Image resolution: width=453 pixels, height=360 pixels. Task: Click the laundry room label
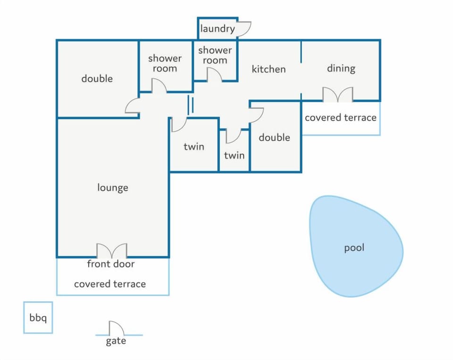(217, 29)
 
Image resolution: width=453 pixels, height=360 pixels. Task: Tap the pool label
(354, 248)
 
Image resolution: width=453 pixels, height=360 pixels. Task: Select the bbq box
(38, 318)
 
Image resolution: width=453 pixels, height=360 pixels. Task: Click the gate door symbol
(117, 328)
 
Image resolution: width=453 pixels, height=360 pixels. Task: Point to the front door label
(110, 264)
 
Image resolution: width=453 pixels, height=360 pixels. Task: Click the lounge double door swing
(111, 251)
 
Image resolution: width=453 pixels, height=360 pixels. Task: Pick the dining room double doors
(338, 94)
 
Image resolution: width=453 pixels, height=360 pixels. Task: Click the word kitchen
(268, 69)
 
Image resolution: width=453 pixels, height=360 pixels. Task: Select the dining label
(341, 68)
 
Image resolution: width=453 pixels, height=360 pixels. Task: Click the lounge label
(113, 188)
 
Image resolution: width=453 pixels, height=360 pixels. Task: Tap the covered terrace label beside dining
(341, 117)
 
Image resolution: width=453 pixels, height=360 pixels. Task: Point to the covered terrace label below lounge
(110, 284)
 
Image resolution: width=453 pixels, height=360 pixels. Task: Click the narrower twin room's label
(235, 155)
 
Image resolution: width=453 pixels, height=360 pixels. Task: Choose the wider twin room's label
(194, 146)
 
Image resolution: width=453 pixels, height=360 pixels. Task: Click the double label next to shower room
(97, 79)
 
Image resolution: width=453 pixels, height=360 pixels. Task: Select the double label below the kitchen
(275, 137)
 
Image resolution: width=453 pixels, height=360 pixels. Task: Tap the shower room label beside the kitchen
(215, 55)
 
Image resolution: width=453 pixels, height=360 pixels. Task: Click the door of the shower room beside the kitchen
(214, 75)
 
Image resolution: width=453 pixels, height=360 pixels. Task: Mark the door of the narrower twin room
(234, 136)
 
